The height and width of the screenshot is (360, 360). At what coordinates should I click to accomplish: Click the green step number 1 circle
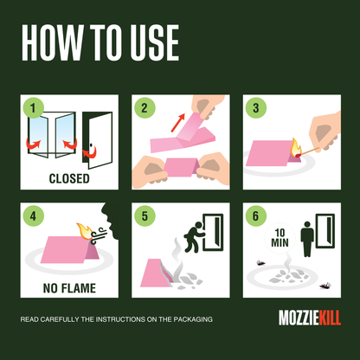[x=33, y=109]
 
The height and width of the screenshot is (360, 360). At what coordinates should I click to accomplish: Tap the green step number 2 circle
[x=145, y=109]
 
